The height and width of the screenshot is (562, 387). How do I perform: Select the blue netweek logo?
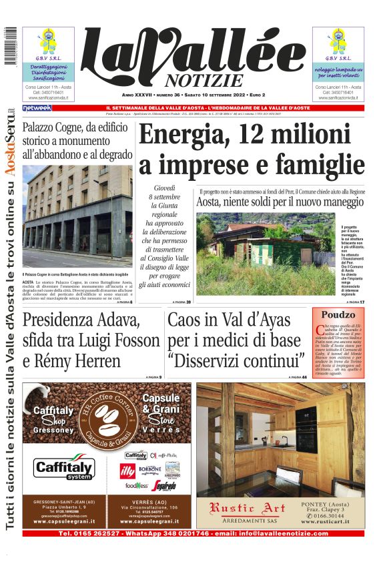point(37,107)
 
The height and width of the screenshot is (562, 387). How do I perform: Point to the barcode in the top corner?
point(7,47)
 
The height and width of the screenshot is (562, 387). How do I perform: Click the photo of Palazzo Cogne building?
point(77,217)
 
